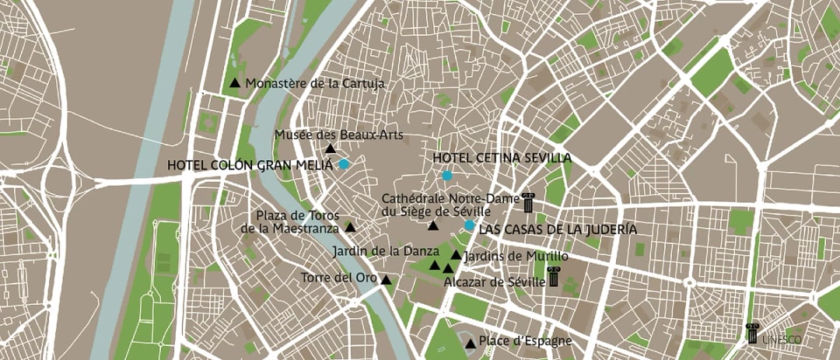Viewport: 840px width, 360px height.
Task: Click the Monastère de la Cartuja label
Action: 315,83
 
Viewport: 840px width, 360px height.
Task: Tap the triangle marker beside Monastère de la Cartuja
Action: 236,82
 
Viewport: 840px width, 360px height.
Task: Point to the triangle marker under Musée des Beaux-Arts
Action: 330,149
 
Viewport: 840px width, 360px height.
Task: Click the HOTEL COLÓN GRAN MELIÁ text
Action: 250,165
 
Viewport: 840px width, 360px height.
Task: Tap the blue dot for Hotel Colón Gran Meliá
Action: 343,164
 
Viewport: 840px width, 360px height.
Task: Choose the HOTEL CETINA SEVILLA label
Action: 502,158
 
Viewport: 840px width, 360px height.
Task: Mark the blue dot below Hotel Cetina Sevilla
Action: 446,175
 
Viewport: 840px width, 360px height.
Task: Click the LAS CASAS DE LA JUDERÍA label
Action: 558,230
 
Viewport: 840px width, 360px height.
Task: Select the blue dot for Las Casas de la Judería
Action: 469,225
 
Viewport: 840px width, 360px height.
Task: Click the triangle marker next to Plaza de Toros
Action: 350,228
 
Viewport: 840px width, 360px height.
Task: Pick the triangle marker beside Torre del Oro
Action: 386,280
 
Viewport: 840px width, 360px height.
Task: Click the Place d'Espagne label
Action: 525,341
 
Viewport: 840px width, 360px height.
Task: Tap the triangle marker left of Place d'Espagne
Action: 470,343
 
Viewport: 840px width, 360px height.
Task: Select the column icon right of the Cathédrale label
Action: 529,203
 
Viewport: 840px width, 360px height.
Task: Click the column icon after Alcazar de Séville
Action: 554,278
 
